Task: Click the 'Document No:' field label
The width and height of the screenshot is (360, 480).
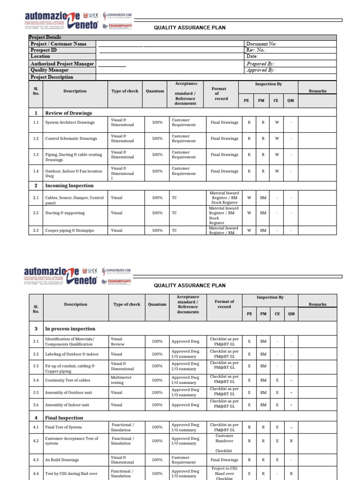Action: [x=262, y=44]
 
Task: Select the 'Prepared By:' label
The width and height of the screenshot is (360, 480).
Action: [x=260, y=64]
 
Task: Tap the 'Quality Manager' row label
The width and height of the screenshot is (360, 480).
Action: [x=50, y=70]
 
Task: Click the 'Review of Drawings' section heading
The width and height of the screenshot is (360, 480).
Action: [x=68, y=113]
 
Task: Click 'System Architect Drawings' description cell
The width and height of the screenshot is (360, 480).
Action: [x=70, y=123]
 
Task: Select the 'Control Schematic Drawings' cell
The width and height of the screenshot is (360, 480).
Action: [x=71, y=139]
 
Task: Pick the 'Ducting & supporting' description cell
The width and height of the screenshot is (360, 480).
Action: [x=65, y=213]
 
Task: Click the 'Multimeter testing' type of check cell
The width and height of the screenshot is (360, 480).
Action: [x=121, y=380]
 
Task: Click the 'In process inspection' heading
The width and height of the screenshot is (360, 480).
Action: [x=70, y=329]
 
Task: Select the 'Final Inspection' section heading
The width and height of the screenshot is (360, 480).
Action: [x=64, y=418]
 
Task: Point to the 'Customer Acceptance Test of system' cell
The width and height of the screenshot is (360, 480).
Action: [x=72, y=441]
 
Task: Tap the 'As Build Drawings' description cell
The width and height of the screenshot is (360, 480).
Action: [x=62, y=460]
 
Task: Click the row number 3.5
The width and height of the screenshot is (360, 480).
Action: [x=36, y=393]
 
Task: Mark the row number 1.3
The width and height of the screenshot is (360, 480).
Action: [x=36, y=155]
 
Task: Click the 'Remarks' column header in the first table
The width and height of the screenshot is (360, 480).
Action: [x=317, y=91]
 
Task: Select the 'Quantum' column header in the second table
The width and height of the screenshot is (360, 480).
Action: [x=157, y=304]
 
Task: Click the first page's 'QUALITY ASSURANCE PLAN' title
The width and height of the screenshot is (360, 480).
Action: [x=190, y=28]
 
